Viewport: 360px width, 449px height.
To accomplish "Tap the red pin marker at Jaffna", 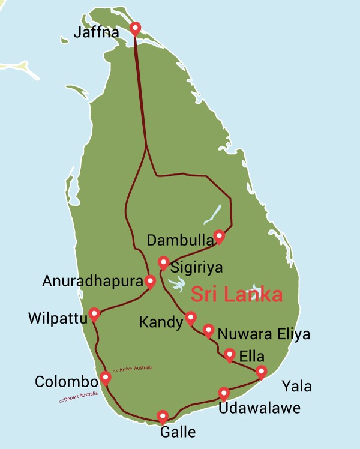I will tap(135, 28).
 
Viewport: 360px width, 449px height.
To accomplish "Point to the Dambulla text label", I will tap(179, 241).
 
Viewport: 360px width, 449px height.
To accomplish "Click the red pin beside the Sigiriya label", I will tap(163, 262).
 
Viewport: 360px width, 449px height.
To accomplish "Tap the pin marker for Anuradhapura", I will tap(151, 280).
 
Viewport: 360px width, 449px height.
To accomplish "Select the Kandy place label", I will tap(160, 322).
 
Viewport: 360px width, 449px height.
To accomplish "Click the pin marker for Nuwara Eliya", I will tap(208, 330).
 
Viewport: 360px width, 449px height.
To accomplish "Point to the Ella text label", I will tap(251, 357).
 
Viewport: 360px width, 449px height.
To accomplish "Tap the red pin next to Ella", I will tap(229, 355).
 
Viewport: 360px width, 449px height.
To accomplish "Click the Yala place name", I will tap(297, 387).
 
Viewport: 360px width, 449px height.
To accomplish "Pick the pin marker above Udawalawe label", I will tap(224, 393).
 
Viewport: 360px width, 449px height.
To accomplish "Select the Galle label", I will tap(178, 432).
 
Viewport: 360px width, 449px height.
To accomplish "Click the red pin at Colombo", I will tap(106, 378).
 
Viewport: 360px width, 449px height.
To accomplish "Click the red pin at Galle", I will tap(162, 415).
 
